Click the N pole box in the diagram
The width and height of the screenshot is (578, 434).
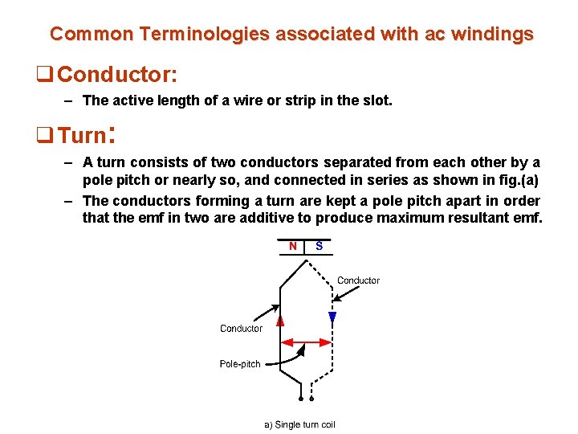292,246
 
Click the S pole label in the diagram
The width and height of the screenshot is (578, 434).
320,246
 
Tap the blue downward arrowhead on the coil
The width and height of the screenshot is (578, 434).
332,317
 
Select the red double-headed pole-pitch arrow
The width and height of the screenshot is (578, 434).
306,342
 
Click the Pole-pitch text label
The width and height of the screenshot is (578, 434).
240,364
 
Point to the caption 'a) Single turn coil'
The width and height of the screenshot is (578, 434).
299,424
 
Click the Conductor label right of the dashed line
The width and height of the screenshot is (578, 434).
358,280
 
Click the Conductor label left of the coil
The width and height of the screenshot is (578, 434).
241,329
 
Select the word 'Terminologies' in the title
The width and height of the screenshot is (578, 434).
205,34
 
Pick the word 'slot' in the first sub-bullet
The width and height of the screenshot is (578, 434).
378,100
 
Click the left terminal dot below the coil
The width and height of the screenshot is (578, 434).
300,399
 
